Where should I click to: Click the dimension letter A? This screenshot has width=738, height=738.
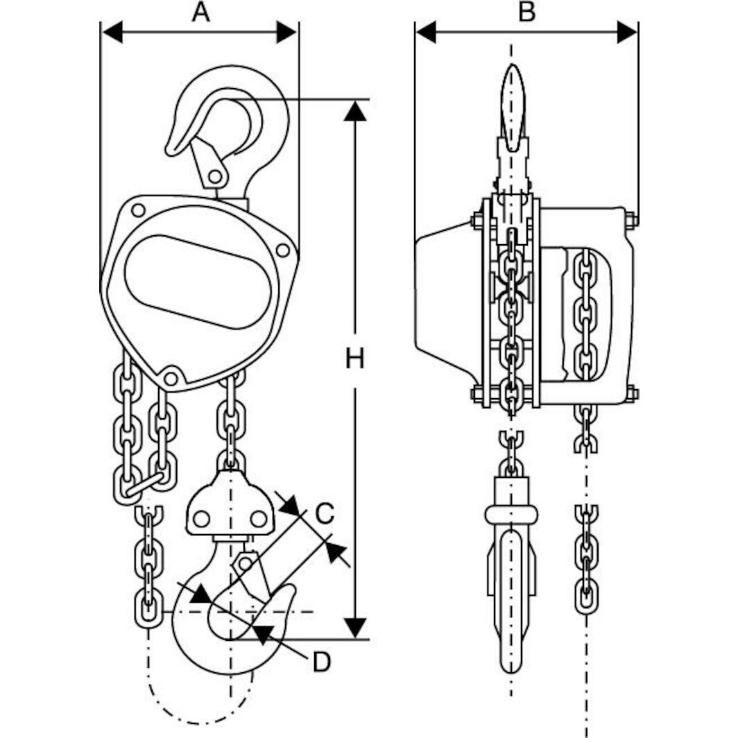point(200,12)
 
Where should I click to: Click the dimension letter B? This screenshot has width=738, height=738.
point(527,12)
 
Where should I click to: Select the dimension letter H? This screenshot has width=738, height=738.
point(355,359)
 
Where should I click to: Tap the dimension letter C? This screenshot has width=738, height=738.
point(323,514)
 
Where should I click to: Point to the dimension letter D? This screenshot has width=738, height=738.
point(320,662)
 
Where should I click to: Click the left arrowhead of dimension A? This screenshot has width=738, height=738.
point(112,32)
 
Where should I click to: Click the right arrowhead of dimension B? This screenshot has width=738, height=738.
point(627,32)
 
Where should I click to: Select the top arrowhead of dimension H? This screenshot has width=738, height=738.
point(355,111)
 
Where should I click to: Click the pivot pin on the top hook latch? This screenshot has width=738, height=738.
point(215,176)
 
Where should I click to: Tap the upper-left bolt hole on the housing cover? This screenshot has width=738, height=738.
point(138,209)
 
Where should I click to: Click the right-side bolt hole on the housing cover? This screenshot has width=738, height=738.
point(282,250)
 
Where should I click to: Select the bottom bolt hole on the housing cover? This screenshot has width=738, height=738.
point(171,378)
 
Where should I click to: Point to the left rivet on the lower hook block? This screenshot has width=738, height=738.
point(202,518)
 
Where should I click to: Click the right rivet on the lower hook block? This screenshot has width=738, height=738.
point(258,518)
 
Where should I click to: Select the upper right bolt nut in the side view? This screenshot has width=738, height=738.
point(631,221)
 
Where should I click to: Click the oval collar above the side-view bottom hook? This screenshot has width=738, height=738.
point(511,514)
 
